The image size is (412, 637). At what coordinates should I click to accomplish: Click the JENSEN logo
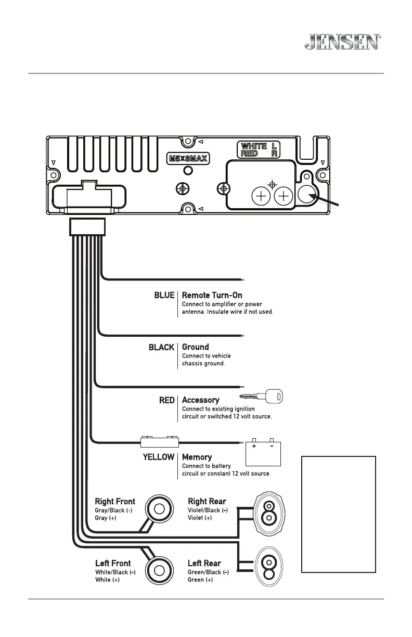click(342, 42)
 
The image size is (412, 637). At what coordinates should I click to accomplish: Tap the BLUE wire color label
click(164, 295)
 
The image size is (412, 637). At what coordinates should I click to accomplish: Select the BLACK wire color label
click(161, 347)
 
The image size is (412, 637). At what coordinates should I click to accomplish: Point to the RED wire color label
click(166, 400)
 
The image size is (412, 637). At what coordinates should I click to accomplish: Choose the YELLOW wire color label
click(158, 457)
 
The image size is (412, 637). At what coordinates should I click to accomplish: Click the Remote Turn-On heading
click(212, 295)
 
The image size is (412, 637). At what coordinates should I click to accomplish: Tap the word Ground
click(196, 347)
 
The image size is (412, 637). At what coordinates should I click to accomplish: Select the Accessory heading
click(200, 400)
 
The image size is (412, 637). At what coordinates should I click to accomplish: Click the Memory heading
click(197, 457)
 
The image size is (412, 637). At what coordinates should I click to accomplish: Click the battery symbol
click(263, 453)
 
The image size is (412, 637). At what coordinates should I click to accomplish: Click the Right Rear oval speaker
click(268, 510)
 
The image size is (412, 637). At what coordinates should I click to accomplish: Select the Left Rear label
click(204, 563)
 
